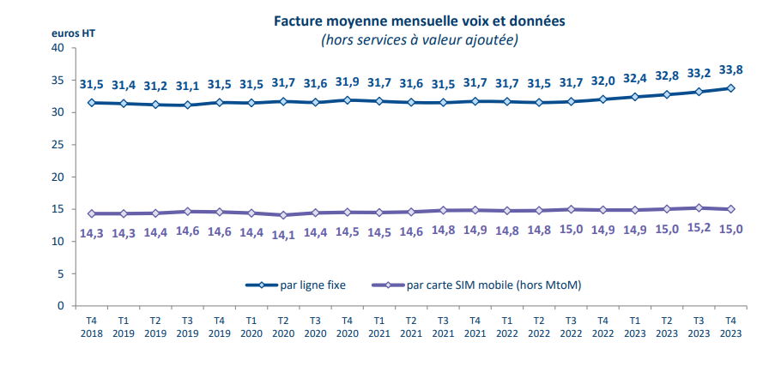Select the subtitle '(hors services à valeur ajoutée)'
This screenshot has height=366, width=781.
[420, 39]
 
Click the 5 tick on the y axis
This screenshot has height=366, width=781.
[61, 273]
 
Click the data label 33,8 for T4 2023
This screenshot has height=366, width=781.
[730, 71]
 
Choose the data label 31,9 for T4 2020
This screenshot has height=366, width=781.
[347, 82]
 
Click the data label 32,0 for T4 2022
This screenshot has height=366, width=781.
[603, 81]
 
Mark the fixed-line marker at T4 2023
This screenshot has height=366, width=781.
[730, 87]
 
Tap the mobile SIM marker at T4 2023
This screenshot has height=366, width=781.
[730, 209]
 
